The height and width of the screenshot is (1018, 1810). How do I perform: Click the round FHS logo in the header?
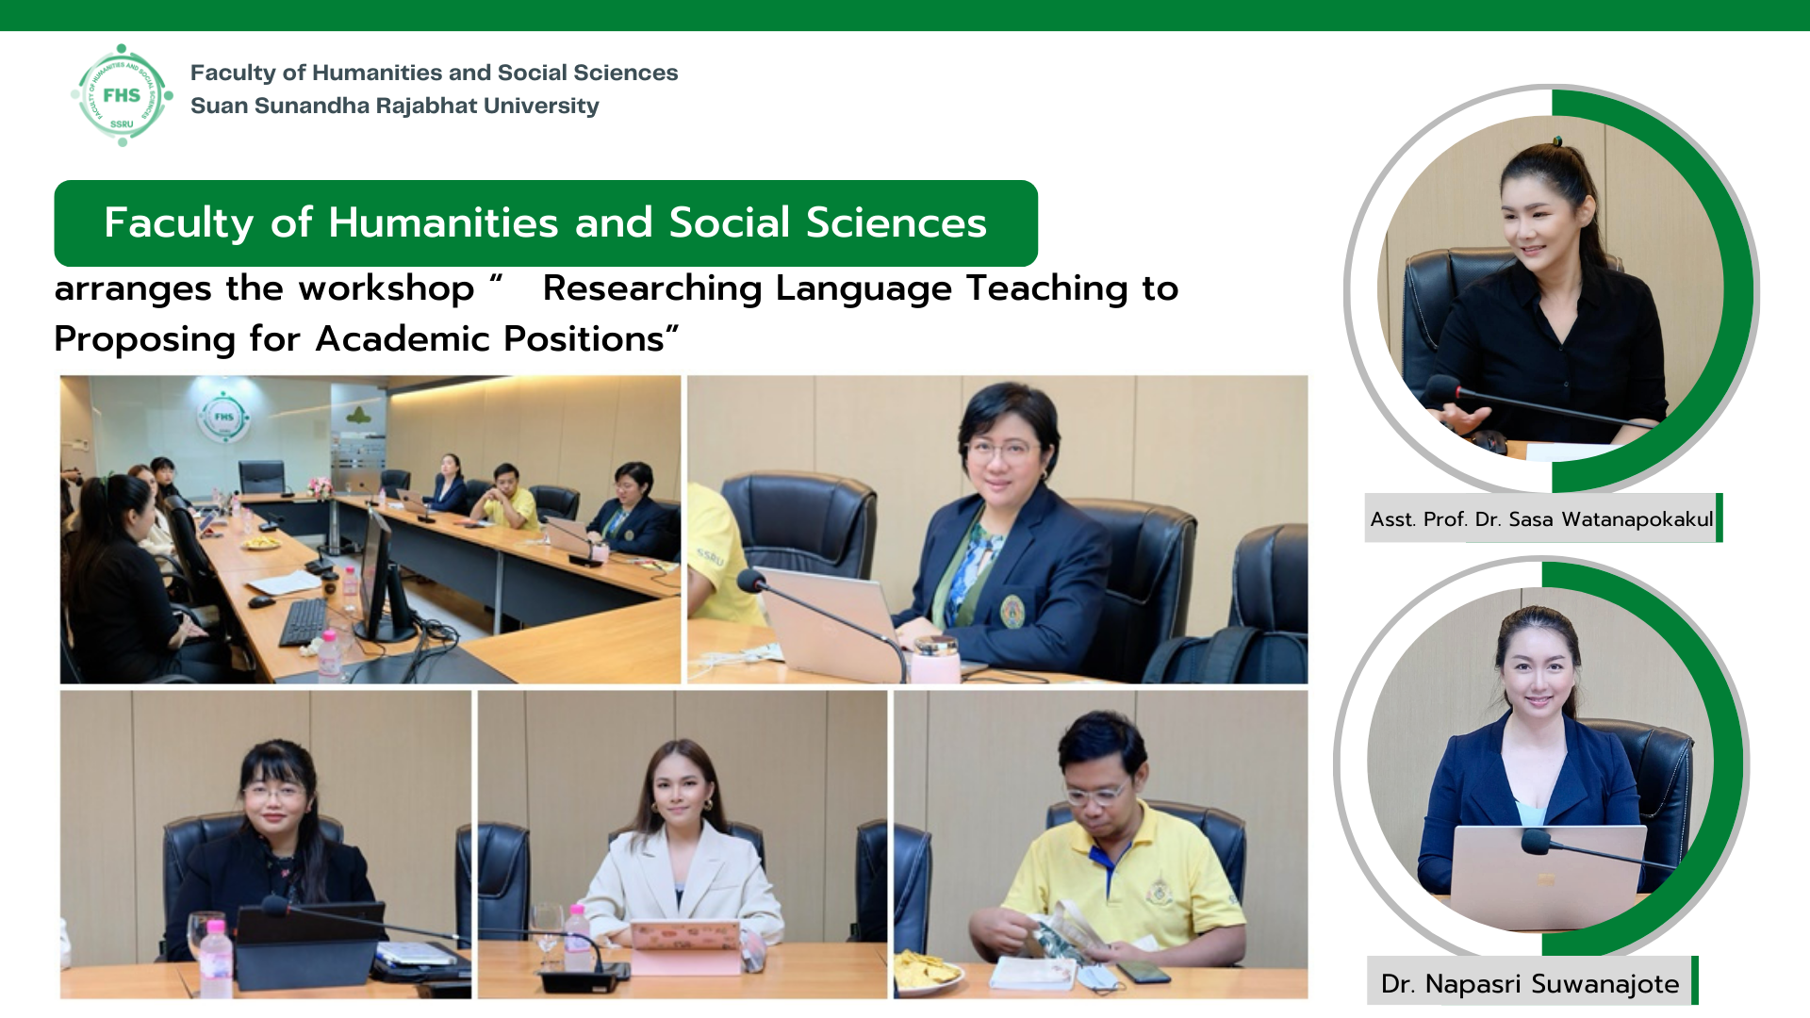point(122,95)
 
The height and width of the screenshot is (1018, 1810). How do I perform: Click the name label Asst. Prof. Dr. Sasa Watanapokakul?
point(1542,518)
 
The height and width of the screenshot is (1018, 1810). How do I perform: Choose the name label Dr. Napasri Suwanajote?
point(1530,983)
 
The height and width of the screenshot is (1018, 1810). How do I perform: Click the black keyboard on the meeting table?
point(304,622)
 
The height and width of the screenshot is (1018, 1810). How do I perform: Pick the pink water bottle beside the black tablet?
point(216,957)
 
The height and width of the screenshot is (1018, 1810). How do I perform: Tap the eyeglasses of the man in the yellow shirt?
point(1097,794)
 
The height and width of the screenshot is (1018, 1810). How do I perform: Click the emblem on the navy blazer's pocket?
point(1012,611)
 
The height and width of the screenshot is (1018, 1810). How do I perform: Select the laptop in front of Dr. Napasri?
point(1548,876)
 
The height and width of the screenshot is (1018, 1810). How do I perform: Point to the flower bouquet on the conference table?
point(321,487)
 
